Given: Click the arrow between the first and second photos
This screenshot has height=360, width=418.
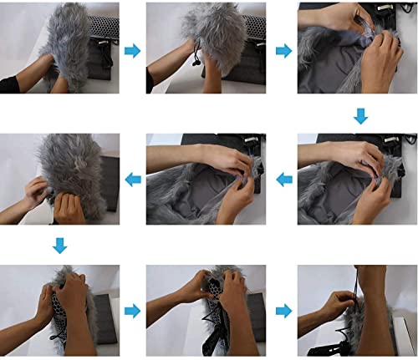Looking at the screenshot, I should pyautogui.click(x=132, y=51).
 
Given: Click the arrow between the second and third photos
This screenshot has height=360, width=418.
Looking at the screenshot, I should pyautogui.click(x=283, y=51).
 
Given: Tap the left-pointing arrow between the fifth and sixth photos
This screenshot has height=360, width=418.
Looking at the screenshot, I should pyautogui.click(x=283, y=178).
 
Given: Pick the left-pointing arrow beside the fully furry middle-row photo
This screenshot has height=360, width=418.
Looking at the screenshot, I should pyautogui.click(x=132, y=178).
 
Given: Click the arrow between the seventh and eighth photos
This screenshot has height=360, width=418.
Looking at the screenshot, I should pyautogui.click(x=132, y=311).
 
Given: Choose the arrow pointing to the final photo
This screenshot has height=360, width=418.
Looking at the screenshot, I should pyautogui.click(x=283, y=311).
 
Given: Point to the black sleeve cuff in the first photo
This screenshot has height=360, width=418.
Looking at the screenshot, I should pyautogui.click(x=13, y=84).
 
